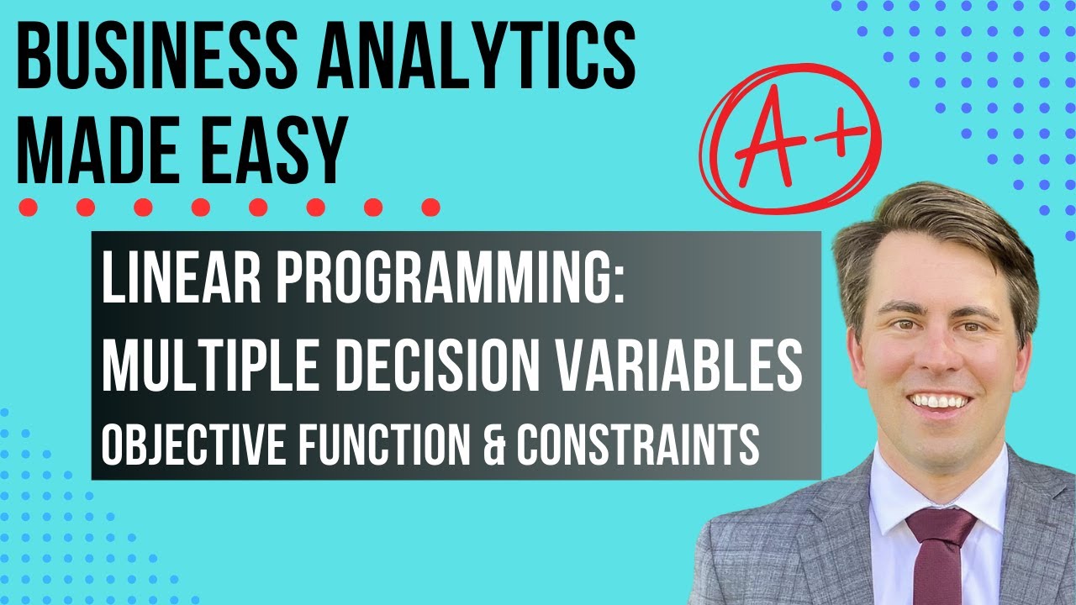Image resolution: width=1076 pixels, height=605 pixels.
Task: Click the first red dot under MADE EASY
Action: [28, 207]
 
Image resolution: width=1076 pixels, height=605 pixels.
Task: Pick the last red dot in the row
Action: [430, 207]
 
